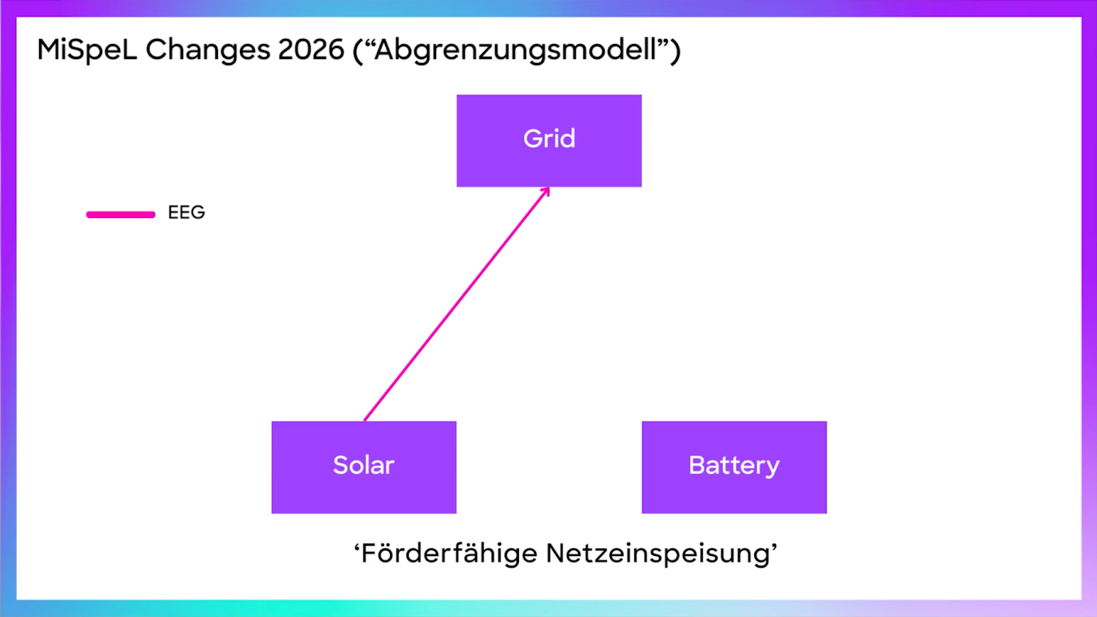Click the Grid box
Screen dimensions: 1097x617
[x=548, y=165]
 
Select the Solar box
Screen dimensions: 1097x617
[x=363, y=490]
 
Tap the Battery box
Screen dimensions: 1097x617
[x=734, y=490]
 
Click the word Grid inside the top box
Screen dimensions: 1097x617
[x=549, y=138]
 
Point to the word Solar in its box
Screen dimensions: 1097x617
[x=363, y=465]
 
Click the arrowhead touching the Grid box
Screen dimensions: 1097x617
[x=546, y=191]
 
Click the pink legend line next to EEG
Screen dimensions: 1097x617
[x=121, y=215]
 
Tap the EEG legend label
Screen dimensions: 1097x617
[x=186, y=213]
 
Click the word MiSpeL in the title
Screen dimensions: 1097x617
[x=87, y=50]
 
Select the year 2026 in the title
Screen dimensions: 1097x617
[x=311, y=50]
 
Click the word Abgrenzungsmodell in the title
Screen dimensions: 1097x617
[x=515, y=50]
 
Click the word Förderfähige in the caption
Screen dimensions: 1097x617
[x=449, y=553]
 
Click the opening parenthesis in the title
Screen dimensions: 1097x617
[x=357, y=51]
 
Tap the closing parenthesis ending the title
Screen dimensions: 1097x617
[x=676, y=51]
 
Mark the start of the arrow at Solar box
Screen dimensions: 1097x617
[x=365, y=419]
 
